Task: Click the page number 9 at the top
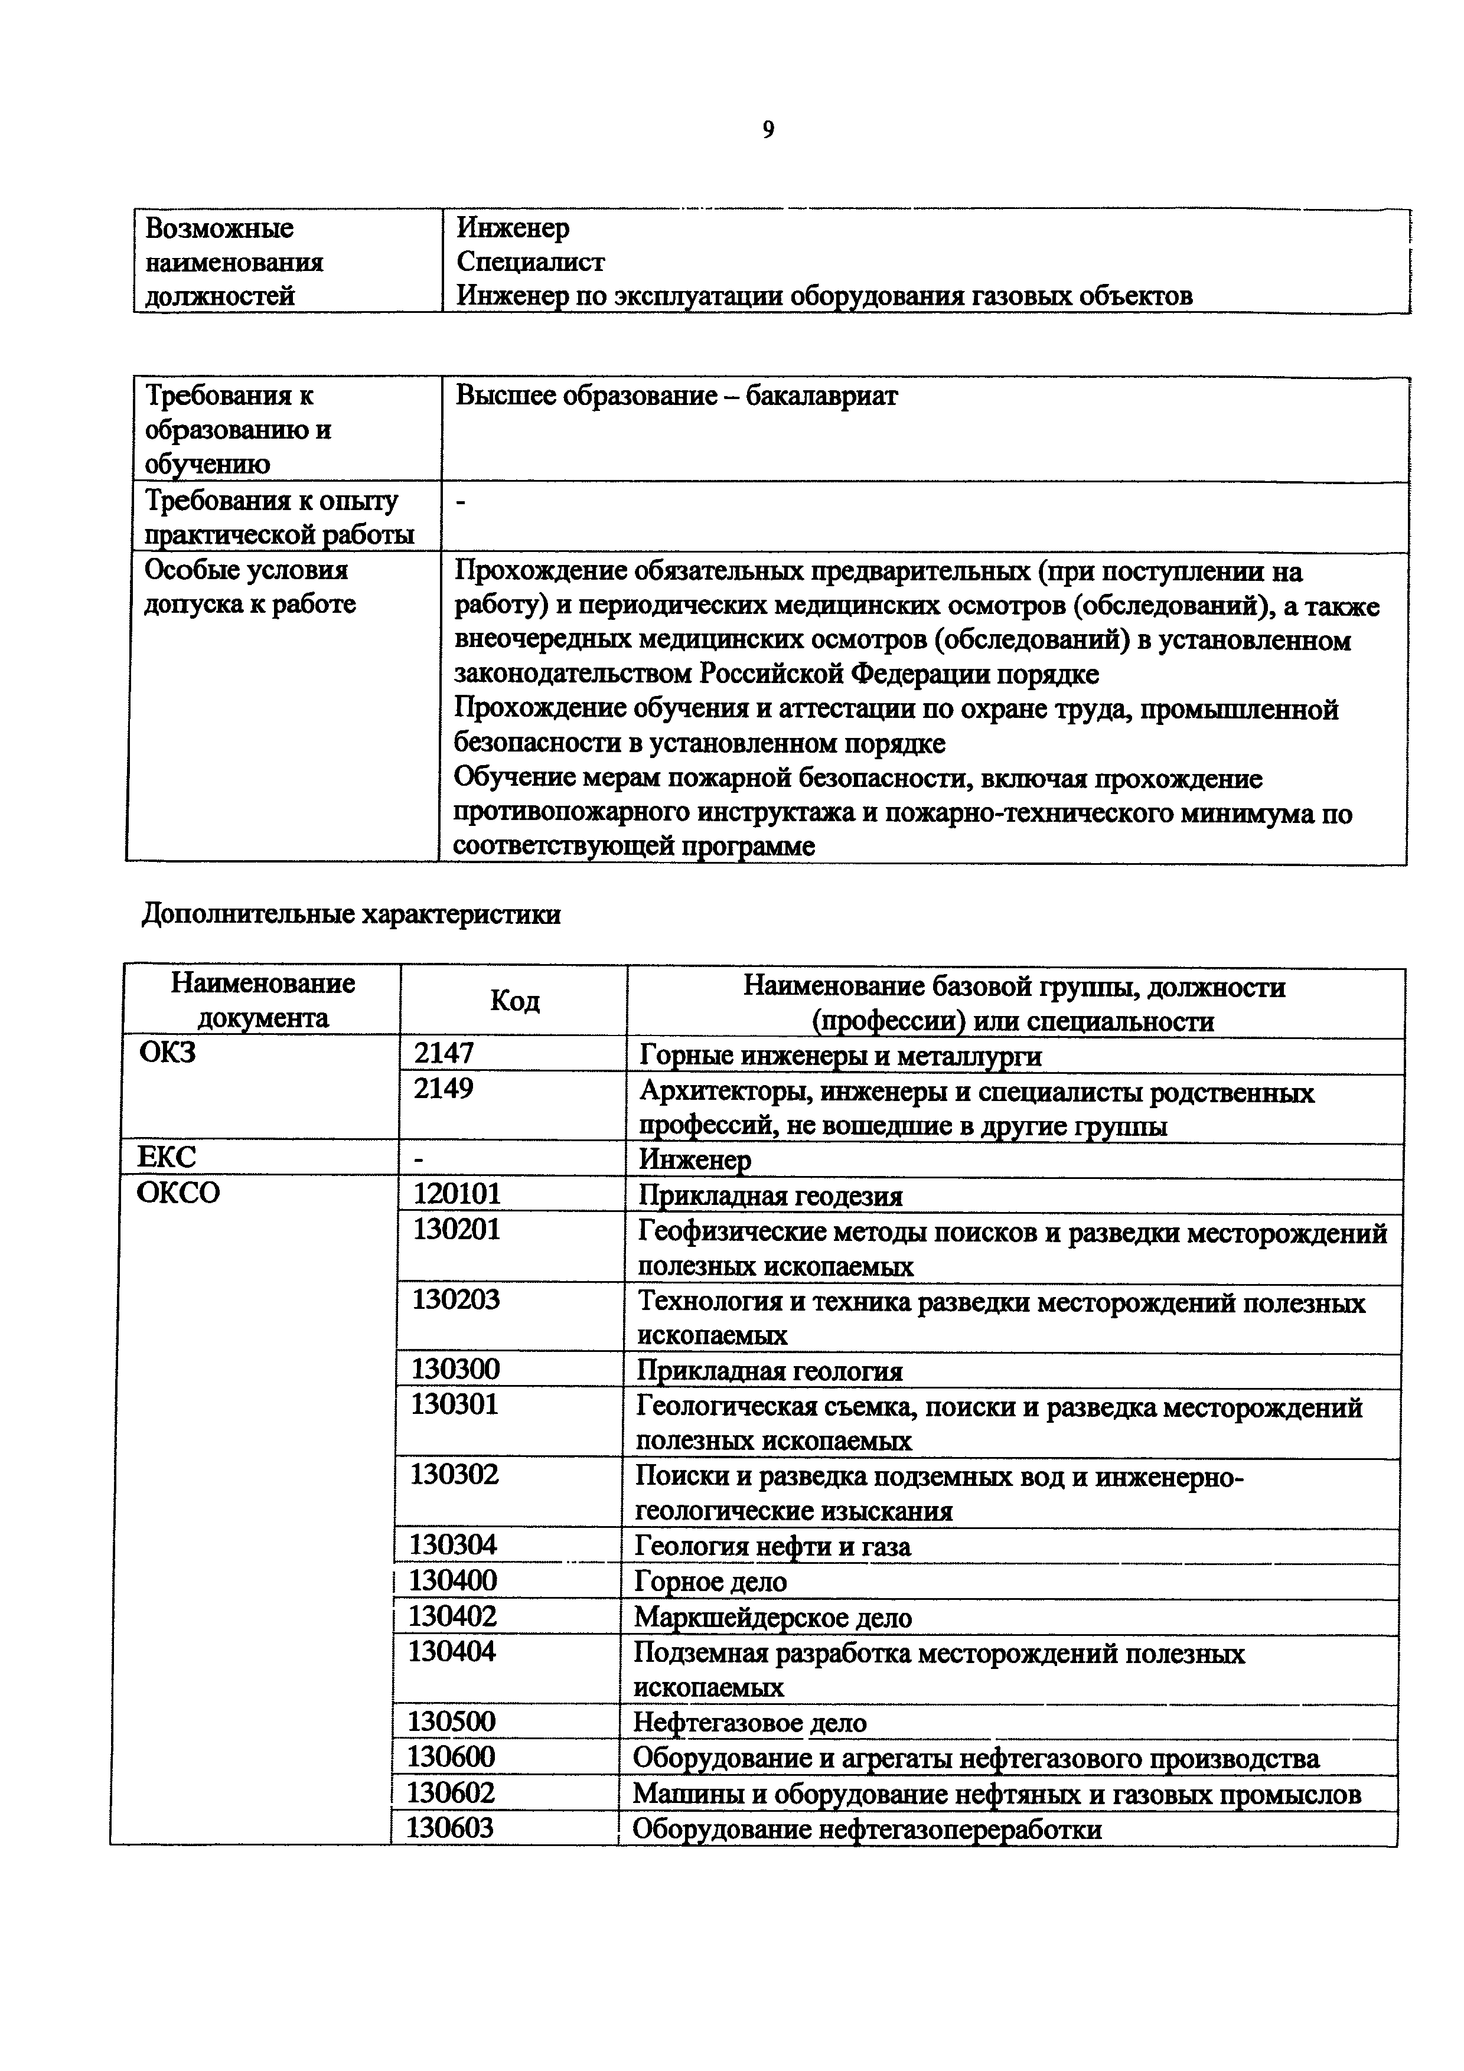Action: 768,130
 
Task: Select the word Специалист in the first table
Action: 530,262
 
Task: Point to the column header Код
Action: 514,1001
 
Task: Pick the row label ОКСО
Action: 178,1193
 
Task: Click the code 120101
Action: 457,1194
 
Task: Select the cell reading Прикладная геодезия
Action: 770,1196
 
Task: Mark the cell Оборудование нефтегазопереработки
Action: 867,1830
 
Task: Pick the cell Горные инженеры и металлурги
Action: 841,1056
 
